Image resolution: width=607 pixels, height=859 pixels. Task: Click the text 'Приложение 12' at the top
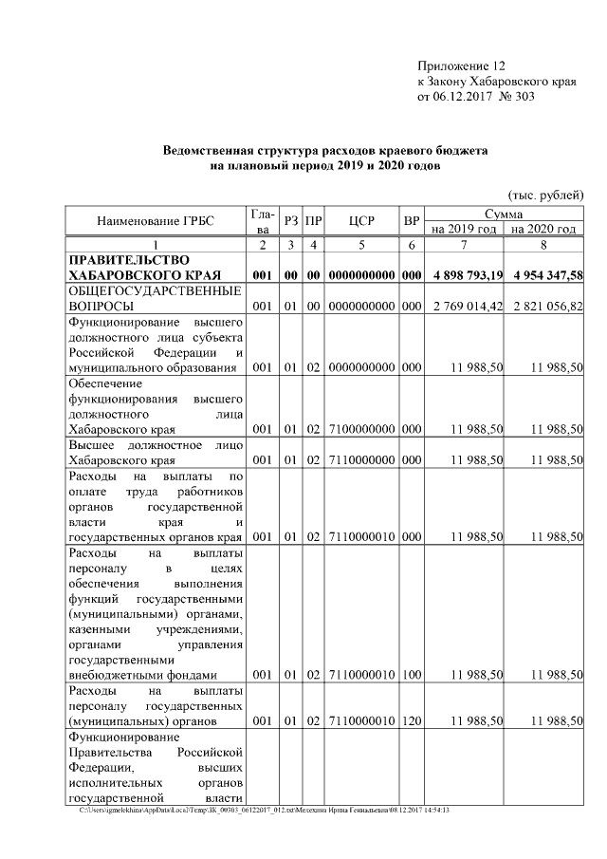coord(462,66)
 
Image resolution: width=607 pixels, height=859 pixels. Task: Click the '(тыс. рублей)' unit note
coord(545,195)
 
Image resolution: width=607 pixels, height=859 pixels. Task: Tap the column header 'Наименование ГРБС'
coord(156,221)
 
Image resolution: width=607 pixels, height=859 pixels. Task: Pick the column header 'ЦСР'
coord(361,221)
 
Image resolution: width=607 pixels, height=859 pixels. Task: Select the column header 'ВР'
coord(412,221)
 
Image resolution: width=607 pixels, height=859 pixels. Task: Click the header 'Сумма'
coord(505,215)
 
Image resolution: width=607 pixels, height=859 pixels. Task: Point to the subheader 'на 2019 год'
coord(464,229)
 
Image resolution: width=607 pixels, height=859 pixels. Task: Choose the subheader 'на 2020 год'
coord(543,229)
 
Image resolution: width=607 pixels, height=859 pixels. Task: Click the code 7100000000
coord(361,429)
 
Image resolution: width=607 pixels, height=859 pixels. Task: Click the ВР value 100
coord(412,674)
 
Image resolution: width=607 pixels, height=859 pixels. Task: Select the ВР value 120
coord(412,721)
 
